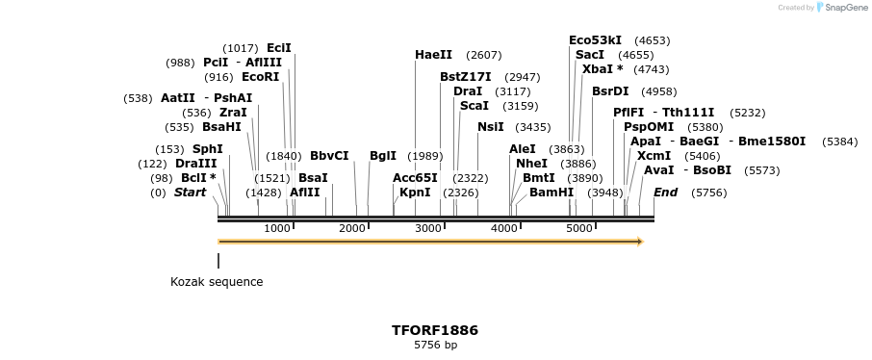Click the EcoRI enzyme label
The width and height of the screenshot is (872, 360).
(260, 77)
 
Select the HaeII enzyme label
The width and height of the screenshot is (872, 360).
(433, 55)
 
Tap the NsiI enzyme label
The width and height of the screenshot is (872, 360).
(490, 126)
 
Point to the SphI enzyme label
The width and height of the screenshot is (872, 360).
(207, 149)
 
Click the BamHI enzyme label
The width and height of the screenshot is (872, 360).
(551, 193)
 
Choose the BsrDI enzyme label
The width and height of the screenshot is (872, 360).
(610, 91)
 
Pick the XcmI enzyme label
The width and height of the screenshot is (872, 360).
(654, 155)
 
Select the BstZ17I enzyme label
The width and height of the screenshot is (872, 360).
(466, 77)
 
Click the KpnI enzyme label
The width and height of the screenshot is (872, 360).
(415, 193)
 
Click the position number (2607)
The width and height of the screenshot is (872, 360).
(483, 55)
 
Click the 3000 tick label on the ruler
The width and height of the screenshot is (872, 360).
(428, 228)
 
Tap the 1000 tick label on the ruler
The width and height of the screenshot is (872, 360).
(277, 228)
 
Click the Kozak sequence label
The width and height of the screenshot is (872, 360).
(217, 282)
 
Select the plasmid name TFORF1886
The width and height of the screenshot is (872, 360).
(435, 330)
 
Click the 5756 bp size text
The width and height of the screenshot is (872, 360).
(435, 345)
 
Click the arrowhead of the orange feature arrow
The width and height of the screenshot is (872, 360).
(638, 242)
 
